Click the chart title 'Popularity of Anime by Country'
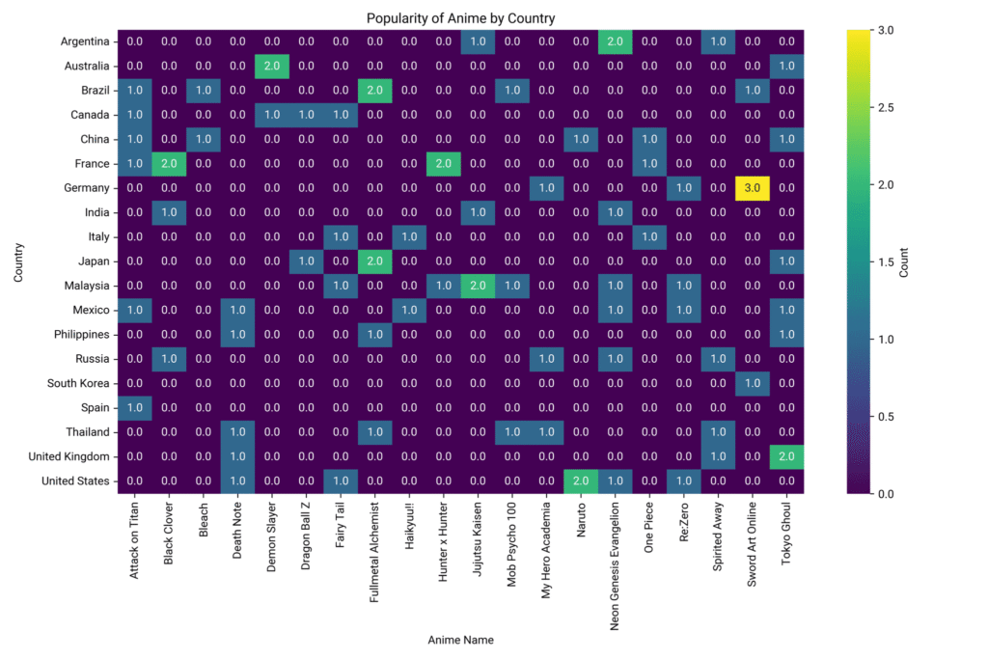click(x=460, y=18)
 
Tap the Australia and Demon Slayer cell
click(x=273, y=67)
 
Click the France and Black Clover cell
click(x=170, y=164)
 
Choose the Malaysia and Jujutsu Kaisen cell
click(x=479, y=286)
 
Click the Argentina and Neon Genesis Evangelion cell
click(x=617, y=41)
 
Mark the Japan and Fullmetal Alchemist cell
click(x=375, y=261)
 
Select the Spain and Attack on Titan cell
click(x=135, y=408)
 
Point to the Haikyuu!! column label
click(x=410, y=532)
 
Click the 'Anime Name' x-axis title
click(x=460, y=640)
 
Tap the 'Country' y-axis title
click(x=19, y=261)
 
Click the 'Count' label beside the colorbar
click(x=904, y=261)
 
